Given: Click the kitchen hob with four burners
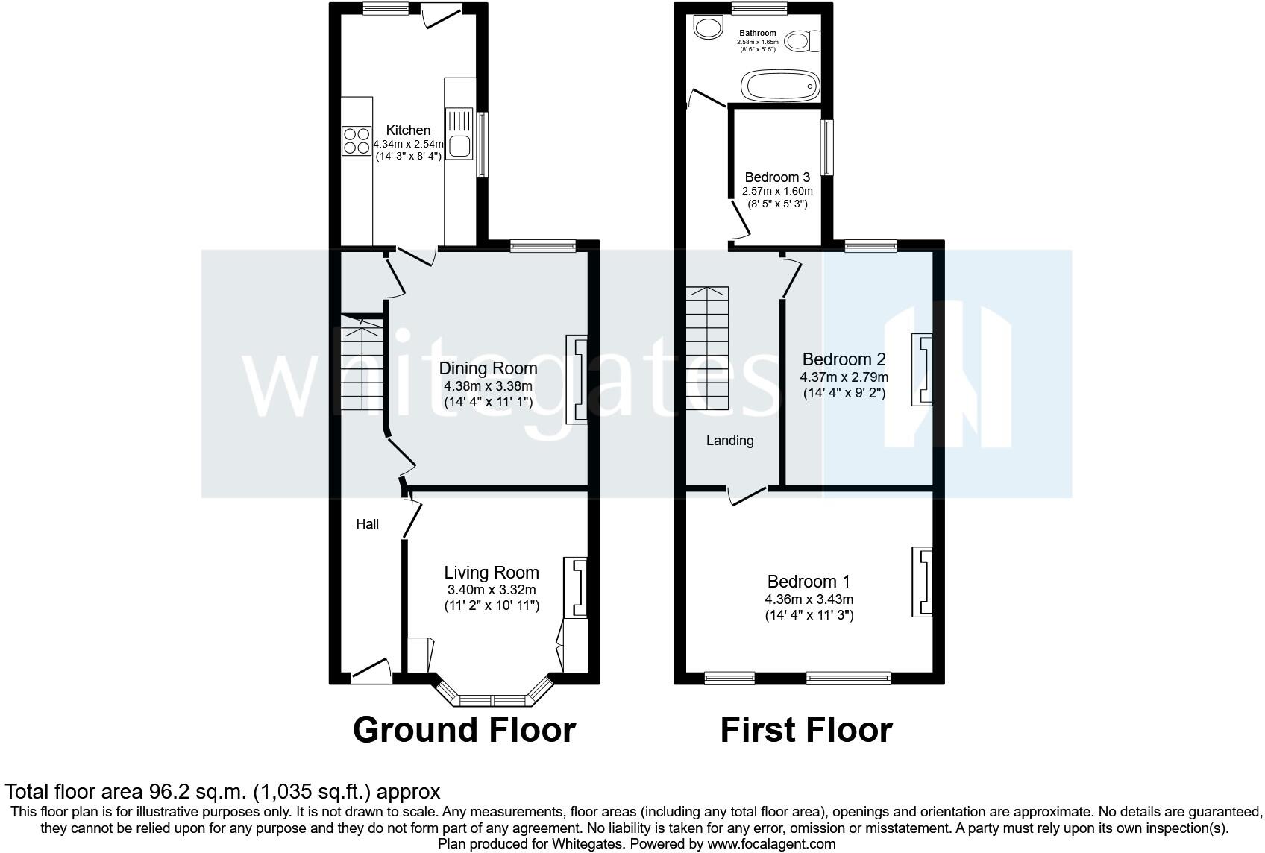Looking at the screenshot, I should click(x=356, y=141).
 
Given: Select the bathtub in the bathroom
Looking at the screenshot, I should click(x=779, y=86).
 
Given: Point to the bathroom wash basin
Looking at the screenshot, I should click(x=707, y=28).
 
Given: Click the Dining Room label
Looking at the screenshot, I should click(x=488, y=368).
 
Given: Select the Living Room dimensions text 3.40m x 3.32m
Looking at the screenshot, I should click(x=492, y=590).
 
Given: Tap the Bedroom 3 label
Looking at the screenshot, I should click(x=777, y=177).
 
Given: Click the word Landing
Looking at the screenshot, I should click(x=729, y=441).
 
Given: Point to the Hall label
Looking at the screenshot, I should click(x=367, y=524).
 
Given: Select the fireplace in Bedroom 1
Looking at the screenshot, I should click(x=922, y=582).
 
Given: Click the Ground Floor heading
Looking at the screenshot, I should click(x=464, y=730).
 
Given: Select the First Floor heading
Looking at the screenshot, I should click(x=806, y=730).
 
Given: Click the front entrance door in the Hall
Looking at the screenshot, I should click(x=371, y=670).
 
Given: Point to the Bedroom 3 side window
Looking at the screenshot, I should click(x=826, y=148).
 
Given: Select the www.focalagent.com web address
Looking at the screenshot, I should click(x=771, y=844).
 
